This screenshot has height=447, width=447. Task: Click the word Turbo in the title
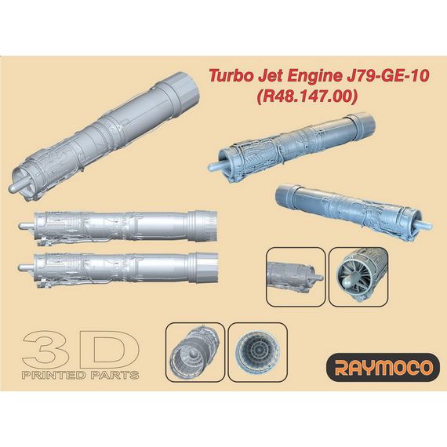point(227,77)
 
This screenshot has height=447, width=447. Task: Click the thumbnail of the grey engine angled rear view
point(195,349)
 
